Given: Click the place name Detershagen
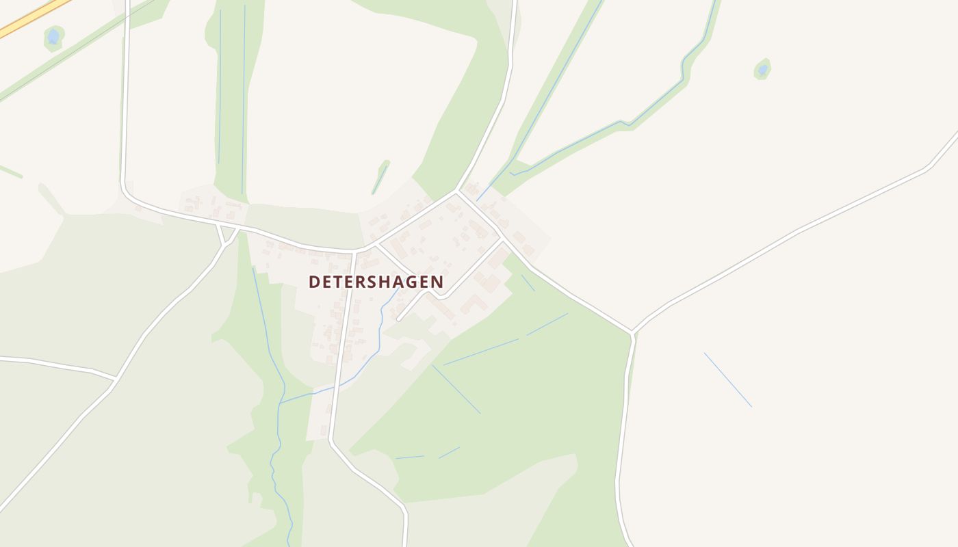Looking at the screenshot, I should point(376,282).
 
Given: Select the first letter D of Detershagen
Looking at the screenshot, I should point(314,282).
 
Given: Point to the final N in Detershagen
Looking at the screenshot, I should point(437,282).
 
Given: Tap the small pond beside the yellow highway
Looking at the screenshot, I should point(53,37).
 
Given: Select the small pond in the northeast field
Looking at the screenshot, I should point(762,69).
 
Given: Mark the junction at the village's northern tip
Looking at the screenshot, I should point(457,192).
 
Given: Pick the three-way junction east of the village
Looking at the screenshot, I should point(633,333).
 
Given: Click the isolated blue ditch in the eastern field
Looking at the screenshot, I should point(727,379).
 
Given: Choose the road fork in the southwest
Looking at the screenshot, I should point(115,377).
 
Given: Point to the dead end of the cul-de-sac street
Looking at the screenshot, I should point(398,319).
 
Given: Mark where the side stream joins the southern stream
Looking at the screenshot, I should point(281,403).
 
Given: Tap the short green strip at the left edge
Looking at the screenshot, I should point(10,171).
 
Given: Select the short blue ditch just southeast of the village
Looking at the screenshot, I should point(528,282).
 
